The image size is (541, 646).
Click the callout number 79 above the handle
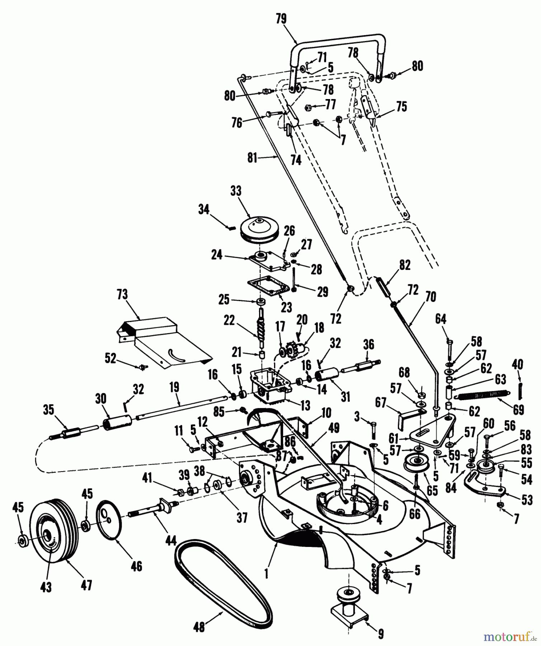point(281,19)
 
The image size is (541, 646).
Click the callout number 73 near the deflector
point(122,295)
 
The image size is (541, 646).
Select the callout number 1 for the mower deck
point(266,574)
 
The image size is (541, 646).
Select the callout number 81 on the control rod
point(252,158)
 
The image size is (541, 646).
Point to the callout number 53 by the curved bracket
point(527,500)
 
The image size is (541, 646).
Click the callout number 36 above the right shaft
point(368,345)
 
